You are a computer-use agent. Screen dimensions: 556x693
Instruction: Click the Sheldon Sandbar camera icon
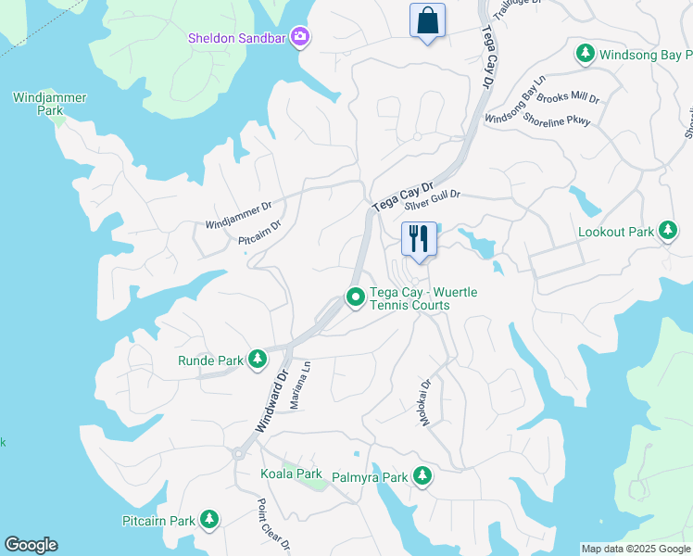(x=299, y=38)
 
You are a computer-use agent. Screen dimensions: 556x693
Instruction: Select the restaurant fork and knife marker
(x=419, y=239)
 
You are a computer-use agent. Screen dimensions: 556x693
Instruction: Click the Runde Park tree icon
(x=258, y=360)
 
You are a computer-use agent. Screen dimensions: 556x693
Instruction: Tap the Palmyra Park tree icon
(x=422, y=477)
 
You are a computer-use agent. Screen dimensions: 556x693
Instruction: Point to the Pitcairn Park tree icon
(x=210, y=520)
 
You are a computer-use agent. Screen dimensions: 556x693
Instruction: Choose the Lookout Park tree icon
(x=667, y=232)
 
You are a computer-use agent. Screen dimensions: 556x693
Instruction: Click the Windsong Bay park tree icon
(x=585, y=55)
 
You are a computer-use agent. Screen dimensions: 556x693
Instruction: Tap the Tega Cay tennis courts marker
(x=354, y=297)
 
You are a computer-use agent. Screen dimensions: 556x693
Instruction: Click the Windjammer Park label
(x=37, y=103)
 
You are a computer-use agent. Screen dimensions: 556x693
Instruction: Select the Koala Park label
(x=292, y=474)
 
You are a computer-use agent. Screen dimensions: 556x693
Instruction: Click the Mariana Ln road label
(x=307, y=380)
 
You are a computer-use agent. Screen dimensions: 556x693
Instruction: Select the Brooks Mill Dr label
(x=569, y=97)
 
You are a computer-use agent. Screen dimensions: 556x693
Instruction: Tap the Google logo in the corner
(x=31, y=545)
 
